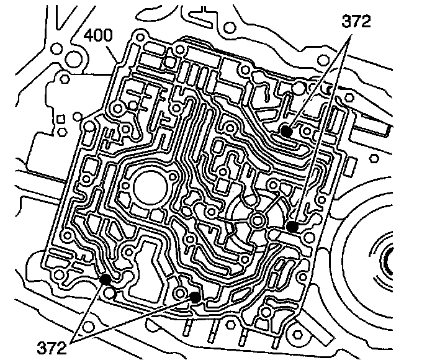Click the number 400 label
[x=98, y=36]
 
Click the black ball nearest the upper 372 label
[x=285, y=131]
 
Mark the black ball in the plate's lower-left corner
[x=105, y=279]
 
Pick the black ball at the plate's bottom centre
[x=195, y=297]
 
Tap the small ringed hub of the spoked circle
[x=258, y=218]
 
